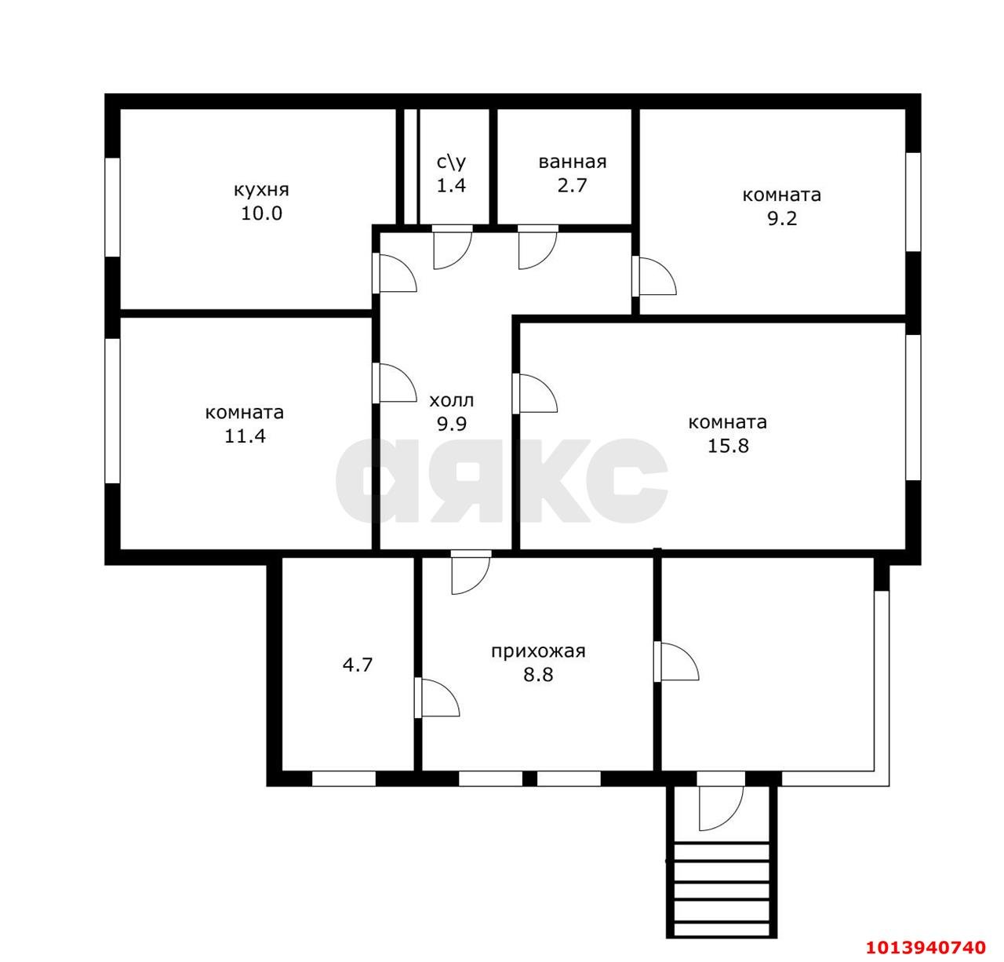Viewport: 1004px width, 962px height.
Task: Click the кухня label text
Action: point(261,191)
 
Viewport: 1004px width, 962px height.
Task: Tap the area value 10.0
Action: point(261,213)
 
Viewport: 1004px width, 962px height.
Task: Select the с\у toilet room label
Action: point(451,162)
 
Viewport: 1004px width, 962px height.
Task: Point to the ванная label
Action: point(572,162)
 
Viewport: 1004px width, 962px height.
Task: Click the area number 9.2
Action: point(782,218)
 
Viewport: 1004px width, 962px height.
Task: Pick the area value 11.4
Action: point(245,436)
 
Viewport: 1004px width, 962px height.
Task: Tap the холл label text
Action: point(452,400)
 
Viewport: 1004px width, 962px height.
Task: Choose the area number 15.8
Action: point(727,446)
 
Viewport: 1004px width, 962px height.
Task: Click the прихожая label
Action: point(538,652)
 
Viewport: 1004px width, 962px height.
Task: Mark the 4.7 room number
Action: point(358,665)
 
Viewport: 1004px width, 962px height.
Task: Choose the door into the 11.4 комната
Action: point(395,383)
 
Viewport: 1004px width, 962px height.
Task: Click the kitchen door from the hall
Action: point(395,272)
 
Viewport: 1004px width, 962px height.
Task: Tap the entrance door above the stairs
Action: point(721,808)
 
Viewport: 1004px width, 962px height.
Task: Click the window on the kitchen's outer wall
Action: point(112,207)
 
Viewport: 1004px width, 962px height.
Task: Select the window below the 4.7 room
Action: point(344,779)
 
